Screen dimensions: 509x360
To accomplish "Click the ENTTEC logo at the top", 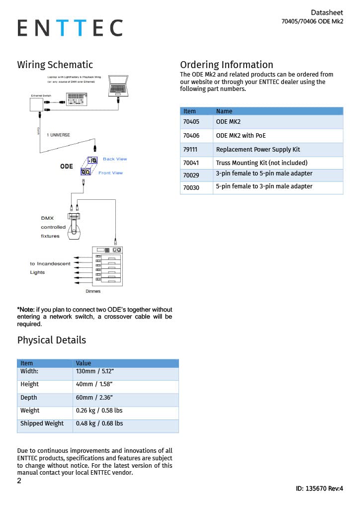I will coord(70,28).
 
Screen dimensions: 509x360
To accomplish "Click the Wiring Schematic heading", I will coord(55,65).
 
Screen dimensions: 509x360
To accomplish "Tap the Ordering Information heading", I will coord(226,65).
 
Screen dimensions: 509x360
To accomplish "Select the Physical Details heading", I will coord(52,340).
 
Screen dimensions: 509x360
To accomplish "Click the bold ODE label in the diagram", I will coord(67,166).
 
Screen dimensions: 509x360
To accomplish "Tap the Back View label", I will coord(115,159).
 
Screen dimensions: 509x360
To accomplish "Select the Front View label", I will coord(110,173).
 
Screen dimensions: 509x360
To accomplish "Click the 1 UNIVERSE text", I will coord(58,135).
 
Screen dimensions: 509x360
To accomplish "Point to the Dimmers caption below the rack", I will coord(93,291).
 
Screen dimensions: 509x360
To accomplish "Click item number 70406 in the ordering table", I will coord(191,136).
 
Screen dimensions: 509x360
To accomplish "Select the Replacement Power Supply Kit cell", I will coord(258,150).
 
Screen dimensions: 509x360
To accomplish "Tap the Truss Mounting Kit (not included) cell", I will coord(262,163).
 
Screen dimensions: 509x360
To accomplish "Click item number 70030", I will coord(191,188).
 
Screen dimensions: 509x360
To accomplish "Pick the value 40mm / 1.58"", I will coord(94,384).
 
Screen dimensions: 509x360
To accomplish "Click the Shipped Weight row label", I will coord(42,424).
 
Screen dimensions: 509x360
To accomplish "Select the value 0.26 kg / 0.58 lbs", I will coord(99,411).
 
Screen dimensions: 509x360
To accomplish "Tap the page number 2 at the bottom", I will coord(19,481).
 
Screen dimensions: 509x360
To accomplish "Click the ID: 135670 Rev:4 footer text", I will coord(319,489).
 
